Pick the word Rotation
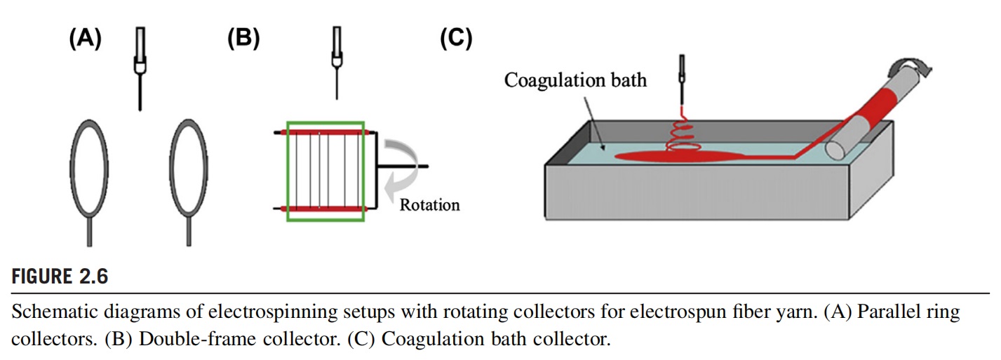pos(429,205)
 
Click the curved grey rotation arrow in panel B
pos(405,168)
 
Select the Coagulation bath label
pos(575,80)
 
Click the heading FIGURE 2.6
pos(60,276)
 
